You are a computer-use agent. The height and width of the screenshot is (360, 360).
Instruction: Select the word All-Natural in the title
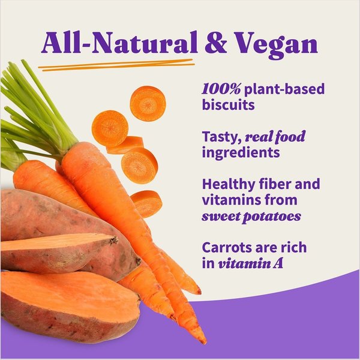tap(119, 44)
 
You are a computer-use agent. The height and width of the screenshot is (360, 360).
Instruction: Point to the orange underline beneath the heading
tap(117, 65)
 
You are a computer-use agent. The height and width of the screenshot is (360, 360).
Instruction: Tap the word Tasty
tap(221, 137)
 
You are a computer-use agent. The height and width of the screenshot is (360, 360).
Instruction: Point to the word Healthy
tap(227, 184)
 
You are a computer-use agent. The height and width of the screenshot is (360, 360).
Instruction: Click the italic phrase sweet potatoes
tap(252, 216)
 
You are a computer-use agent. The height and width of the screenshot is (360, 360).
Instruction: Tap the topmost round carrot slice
tap(148, 103)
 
